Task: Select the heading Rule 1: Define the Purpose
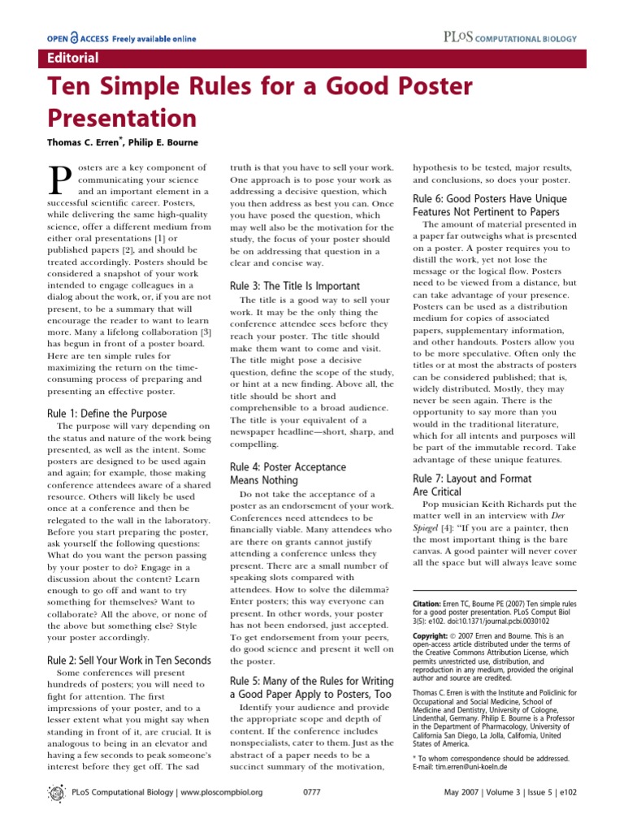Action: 107,414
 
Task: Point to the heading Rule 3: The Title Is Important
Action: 294,286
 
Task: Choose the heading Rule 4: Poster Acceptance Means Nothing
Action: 288,474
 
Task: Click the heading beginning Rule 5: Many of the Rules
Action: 310,687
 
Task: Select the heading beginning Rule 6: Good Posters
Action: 489,205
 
